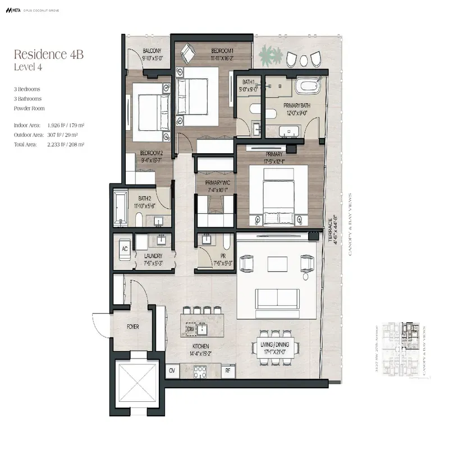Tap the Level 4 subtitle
tap(29, 67)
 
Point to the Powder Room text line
tap(30, 108)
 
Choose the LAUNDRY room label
tap(153, 256)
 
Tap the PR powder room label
tap(215, 256)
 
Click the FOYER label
tap(132, 326)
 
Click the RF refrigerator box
tap(227, 370)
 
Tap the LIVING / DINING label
tap(275, 345)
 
